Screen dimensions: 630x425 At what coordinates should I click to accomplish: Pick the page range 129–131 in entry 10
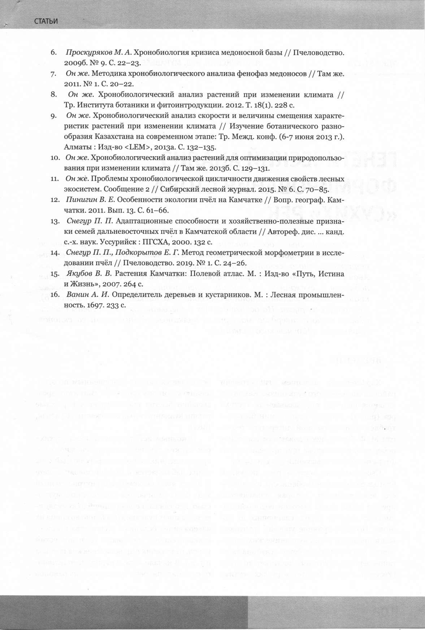click(255, 169)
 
